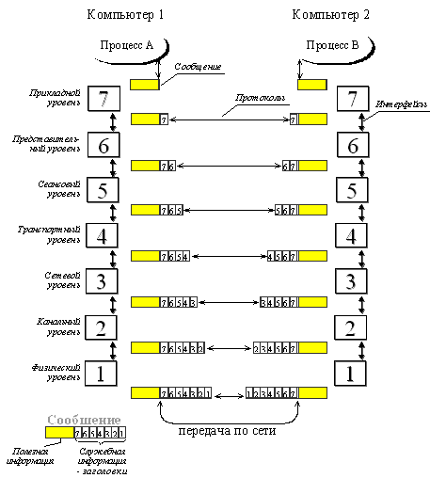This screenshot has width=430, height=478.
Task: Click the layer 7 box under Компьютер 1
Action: coord(104,98)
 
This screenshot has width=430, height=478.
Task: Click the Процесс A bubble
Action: coord(132,45)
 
